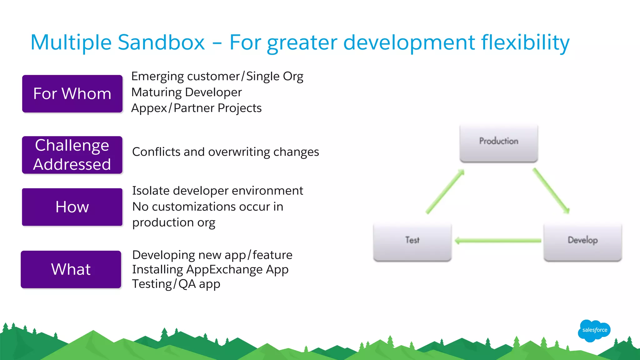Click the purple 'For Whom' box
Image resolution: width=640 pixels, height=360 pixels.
tap(72, 94)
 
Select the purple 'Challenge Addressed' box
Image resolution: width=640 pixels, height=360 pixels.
tap(72, 155)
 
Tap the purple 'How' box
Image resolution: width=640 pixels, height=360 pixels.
tap(72, 207)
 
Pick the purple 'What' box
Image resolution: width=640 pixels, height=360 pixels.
tap(71, 269)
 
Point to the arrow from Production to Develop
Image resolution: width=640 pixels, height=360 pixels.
tap(551, 191)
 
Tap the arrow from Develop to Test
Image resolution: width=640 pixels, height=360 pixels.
tap(498, 241)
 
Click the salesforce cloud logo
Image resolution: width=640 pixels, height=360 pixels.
tap(594, 330)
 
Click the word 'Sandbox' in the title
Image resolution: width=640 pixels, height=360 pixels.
tap(161, 42)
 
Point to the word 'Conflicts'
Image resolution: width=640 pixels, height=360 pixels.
tap(156, 152)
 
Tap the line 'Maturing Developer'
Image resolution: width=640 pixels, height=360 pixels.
tap(187, 92)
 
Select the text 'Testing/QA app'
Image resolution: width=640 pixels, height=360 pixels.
tap(176, 284)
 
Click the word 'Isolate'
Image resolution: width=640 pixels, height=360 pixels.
tap(151, 191)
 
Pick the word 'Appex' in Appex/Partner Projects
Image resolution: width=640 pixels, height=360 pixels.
tap(149, 108)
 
